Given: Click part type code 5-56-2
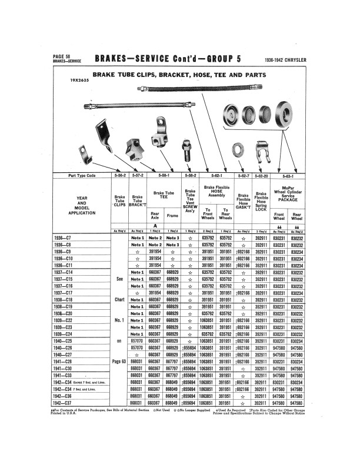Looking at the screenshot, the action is (x=120, y=175).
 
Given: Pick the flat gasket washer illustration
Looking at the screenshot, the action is (x=229, y=115).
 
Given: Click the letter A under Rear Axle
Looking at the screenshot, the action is (x=155, y=225).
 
